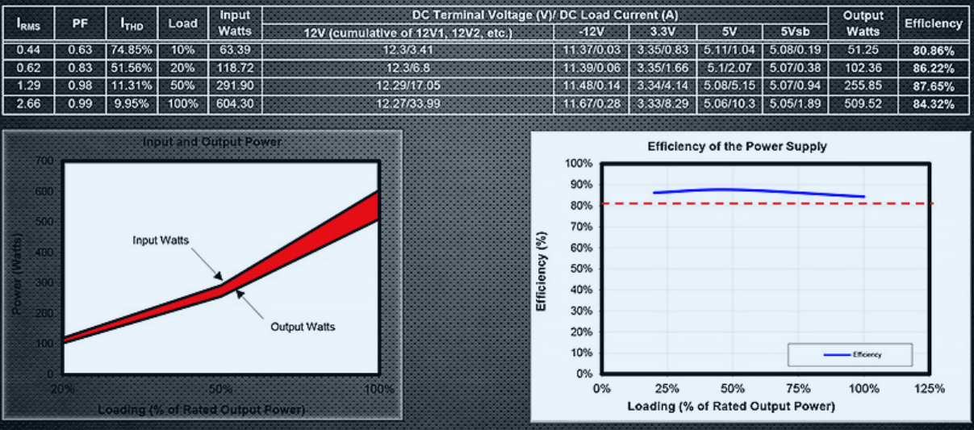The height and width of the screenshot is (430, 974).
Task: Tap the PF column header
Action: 80,24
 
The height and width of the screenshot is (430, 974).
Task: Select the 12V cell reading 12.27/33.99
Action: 408,104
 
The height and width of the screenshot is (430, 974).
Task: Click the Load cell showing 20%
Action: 182,68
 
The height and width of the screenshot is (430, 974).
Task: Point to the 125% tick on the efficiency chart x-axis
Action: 930,388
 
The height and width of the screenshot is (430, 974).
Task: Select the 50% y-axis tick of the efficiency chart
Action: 581,269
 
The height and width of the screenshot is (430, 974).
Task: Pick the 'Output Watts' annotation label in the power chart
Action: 303,327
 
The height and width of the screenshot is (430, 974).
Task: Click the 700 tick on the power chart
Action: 45,161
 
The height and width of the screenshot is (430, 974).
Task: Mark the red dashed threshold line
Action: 767,203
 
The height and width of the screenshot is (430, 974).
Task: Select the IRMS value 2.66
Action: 28,104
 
